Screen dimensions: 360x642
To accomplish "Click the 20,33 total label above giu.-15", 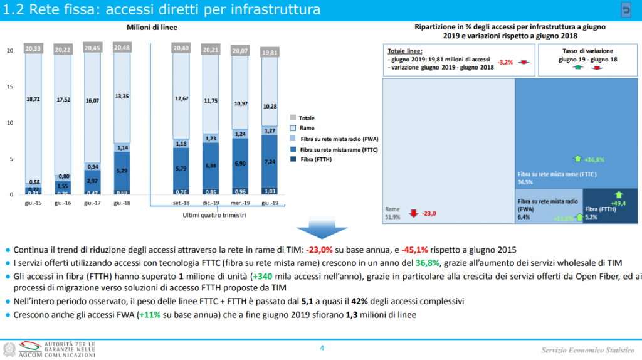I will click(33, 48).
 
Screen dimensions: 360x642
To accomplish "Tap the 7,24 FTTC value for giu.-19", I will click(270, 161).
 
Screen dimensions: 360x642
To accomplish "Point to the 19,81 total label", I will click(270, 53).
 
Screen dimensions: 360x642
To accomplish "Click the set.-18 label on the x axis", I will click(181, 203).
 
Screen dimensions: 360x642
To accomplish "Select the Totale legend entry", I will click(306, 118).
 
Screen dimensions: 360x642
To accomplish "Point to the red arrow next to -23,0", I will click(413, 213).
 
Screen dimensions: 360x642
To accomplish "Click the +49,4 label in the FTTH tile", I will click(620, 203).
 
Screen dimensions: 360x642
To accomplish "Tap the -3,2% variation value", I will click(505, 62).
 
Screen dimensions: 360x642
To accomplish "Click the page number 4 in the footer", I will click(322, 348).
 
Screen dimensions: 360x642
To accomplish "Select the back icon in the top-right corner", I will click(626, 9).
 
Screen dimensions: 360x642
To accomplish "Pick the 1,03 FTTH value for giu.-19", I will click(270, 191).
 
